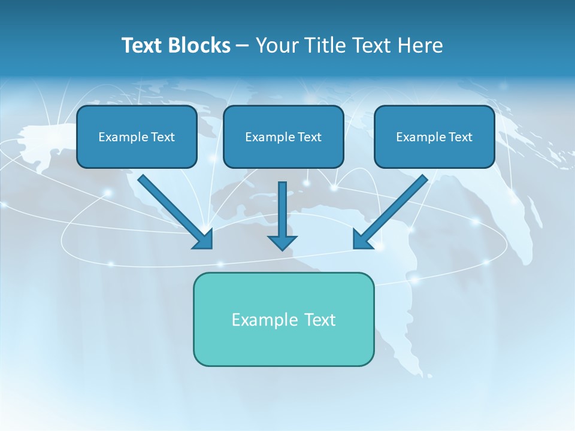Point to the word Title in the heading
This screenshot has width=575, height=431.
(326, 45)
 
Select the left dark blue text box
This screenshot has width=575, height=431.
(137, 153)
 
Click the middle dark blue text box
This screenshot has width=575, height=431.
(283, 153)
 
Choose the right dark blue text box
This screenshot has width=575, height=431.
(434, 153)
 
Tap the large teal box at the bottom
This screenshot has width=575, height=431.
(283, 344)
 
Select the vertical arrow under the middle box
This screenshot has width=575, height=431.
(282, 216)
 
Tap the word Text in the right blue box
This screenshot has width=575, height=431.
(460, 137)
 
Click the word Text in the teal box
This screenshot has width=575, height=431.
(319, 320)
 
